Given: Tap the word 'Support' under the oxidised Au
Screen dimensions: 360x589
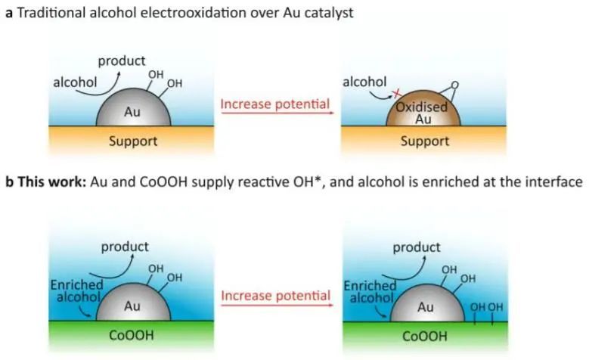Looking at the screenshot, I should (x=426, y=141).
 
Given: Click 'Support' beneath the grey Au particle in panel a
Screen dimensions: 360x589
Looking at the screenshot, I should (x=133, y=141).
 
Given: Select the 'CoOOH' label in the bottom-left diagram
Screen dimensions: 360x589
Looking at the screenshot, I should (x=133, y=335).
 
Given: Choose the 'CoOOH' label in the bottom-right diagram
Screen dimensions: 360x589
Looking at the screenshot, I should (x=425, y=335).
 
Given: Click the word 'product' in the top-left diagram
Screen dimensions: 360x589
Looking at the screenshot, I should (x=122, y=61).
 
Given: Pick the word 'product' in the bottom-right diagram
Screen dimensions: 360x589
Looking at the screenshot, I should (x=416, y=247).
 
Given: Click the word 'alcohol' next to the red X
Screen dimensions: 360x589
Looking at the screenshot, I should (x=365, y=80).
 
